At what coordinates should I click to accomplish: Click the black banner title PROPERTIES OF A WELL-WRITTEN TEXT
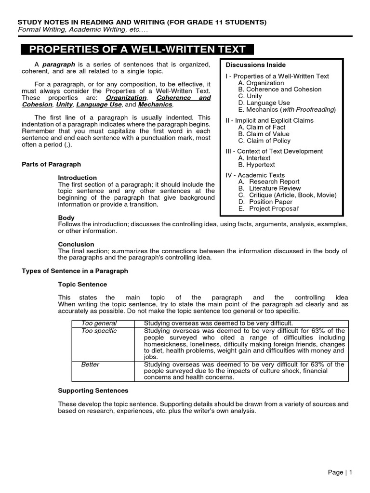[137, 49]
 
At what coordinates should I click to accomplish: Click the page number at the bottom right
[340, 472]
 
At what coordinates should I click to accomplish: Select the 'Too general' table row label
[99, 323]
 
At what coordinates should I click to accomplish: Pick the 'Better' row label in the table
[90, 364]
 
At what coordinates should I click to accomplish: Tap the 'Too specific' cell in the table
[99, 331]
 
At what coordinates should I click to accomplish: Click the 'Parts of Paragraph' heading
[52, 164]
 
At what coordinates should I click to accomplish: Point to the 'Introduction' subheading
[77, 178]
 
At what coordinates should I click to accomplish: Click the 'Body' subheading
[66, 218]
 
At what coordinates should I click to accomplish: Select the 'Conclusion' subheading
[76, 244]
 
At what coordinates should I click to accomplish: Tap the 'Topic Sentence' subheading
[82, 285]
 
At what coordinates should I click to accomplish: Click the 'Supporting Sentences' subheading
[93, 390]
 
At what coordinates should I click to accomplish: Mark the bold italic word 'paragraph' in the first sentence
[58, 65]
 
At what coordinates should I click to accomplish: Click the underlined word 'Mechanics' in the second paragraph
[155, 104]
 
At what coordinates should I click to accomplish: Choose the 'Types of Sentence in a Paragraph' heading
[75, 271]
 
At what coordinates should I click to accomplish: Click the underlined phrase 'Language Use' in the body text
[99, 104]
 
